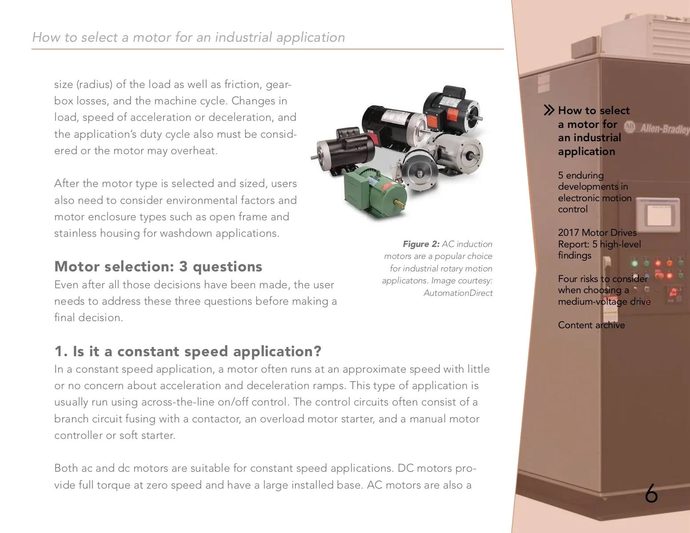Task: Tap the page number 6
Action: tap(651, 493)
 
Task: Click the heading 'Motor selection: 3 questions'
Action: tap(158, 266)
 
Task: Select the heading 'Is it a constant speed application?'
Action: tap(196, 351)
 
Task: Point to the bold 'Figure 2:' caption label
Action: tap(421, 244)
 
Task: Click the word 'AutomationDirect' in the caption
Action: tap(458, 293)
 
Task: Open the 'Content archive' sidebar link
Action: tap(591, 325)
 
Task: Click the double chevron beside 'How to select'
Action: tap(549, 110)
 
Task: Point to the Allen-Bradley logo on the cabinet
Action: tap(658, 129)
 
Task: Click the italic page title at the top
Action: tap(188, 37)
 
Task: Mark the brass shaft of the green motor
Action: tap(400, 203)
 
